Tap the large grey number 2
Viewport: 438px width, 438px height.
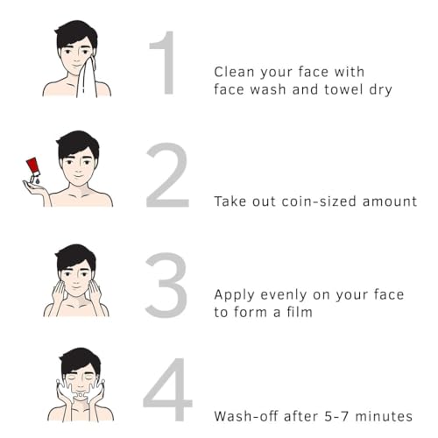(167, 175)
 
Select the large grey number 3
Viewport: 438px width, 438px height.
(166, 286)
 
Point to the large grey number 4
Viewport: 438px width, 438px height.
(168, 389)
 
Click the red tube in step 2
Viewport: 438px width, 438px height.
(32, 167)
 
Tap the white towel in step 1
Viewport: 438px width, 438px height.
(87, 78)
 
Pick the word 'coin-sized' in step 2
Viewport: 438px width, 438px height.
(319, 201)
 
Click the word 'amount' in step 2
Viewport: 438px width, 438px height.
(390, 201)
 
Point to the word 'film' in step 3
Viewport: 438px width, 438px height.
(300, 312)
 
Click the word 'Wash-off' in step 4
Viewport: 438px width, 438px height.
(246, 416)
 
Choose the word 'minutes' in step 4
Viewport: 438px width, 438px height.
(384, 416)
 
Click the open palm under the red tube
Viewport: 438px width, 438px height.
(35, 187)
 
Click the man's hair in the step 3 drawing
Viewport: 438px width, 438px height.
(75, 258)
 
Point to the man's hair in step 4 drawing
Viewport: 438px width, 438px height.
(80, 361)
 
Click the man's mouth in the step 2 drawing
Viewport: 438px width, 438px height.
(79, 176)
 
